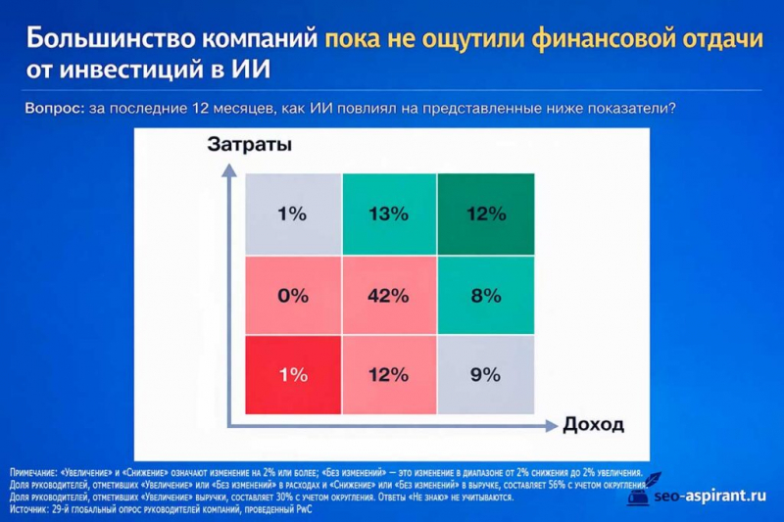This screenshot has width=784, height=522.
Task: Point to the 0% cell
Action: point(293,295)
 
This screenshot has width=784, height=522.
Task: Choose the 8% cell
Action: point(486,295)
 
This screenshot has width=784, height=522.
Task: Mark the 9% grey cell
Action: point(486,374)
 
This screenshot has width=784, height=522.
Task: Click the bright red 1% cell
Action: point(293,374)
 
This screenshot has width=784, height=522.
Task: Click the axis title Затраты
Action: point(250,146)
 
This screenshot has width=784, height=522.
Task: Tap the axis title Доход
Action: point(595,424)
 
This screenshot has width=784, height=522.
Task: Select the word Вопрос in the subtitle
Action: point(54,110)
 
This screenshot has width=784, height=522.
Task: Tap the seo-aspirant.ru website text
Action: point(707,497)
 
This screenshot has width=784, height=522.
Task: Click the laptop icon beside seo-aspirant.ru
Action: point(638,495)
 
